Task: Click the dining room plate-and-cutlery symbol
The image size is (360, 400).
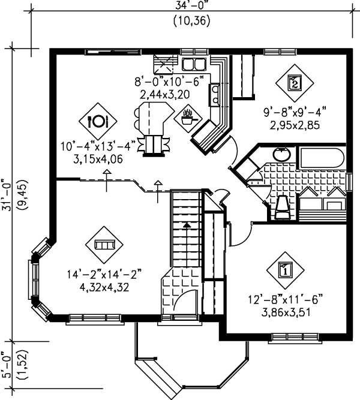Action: click(x=98, y=121)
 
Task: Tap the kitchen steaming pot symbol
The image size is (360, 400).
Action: click(x=190, y=116)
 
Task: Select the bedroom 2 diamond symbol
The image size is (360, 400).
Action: click(x=294, y=82)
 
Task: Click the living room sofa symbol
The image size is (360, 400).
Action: click(x=104, y=245)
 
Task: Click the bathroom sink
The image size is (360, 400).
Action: click(x=281, y=154)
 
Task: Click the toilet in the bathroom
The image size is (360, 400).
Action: click(x=282, y=205)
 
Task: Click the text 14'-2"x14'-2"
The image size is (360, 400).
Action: click(x=104, y=275)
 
